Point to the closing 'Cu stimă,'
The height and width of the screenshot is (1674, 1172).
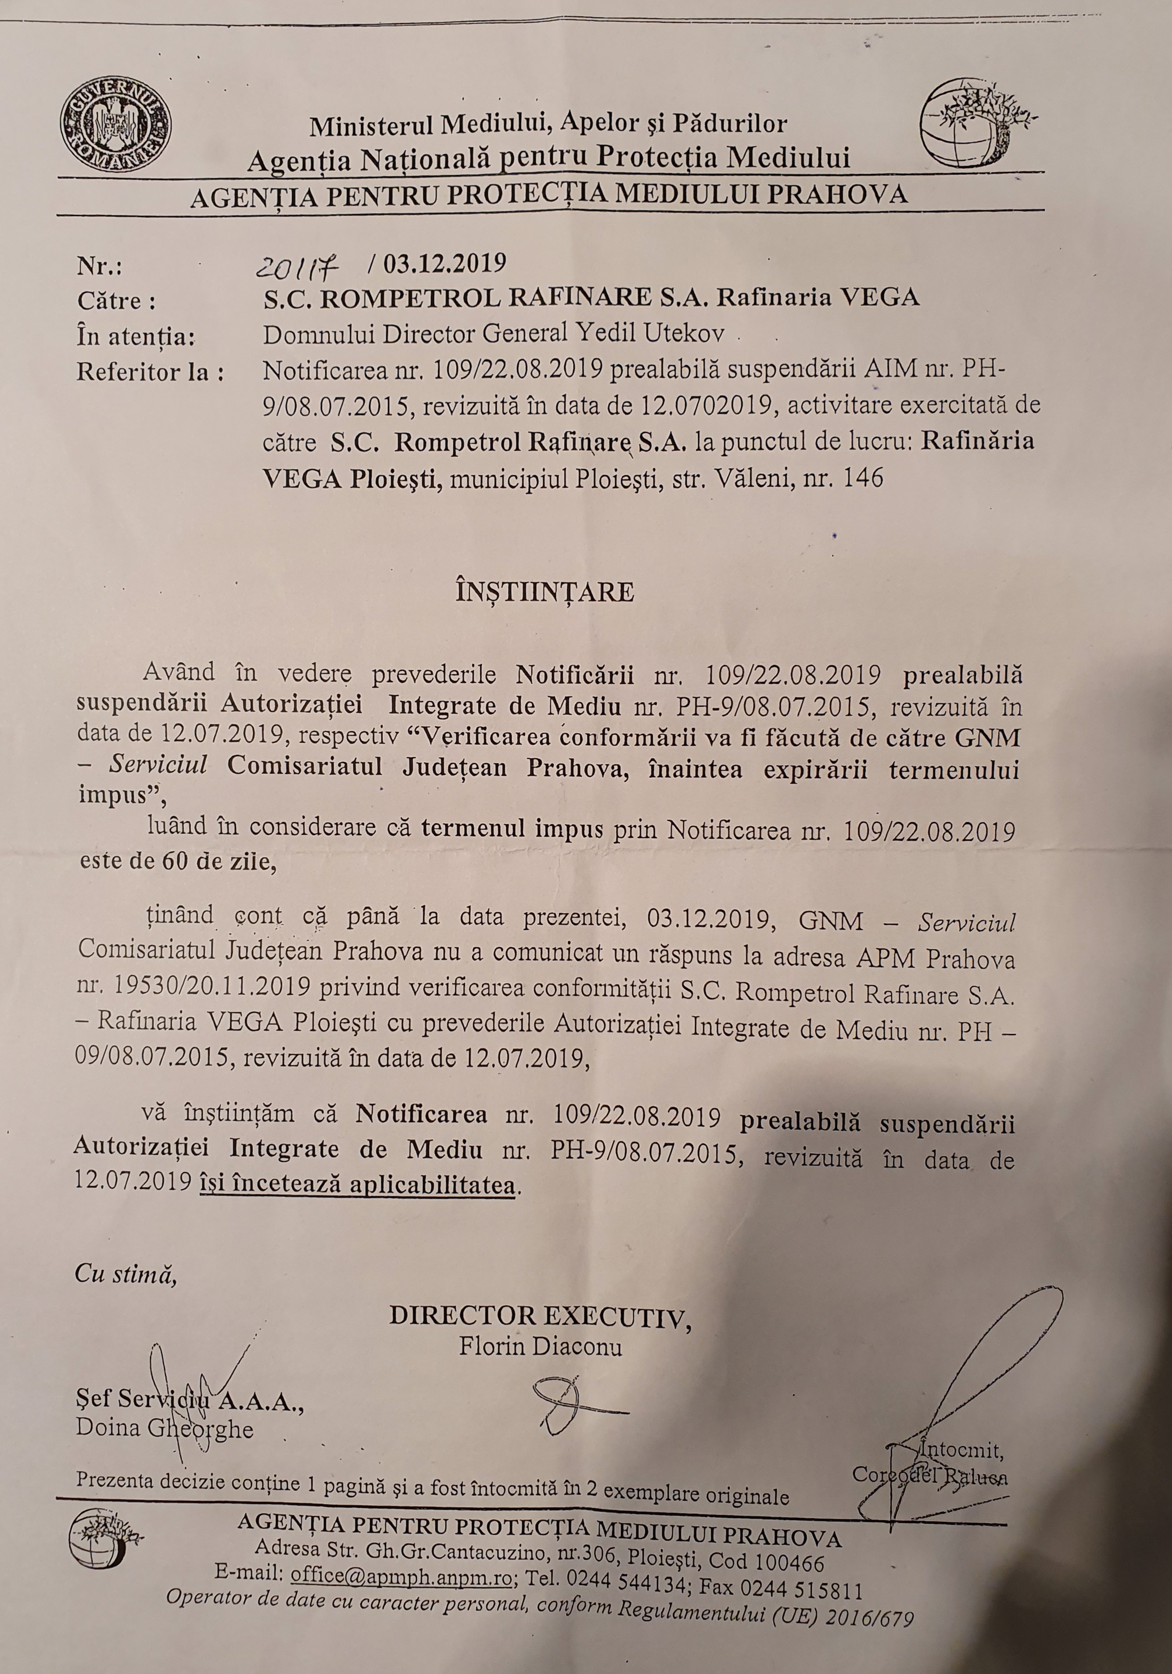(125, 1278)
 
